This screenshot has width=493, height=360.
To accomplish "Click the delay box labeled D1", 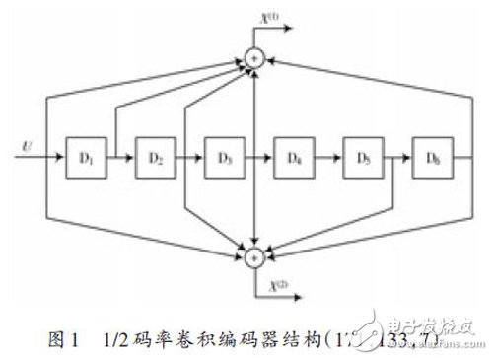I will click(x=85, y=157).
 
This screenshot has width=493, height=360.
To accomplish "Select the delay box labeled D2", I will click(x=154, y=157).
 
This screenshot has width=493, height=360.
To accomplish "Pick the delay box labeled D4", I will click(x=293, y=157).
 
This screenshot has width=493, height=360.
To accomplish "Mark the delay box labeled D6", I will click(x=431, y=157).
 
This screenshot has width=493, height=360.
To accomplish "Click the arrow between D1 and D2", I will click(x=120, y=158).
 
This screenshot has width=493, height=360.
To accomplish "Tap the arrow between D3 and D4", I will click(x=258, y=158).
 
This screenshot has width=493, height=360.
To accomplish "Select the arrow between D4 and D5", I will click(x=327, y=158).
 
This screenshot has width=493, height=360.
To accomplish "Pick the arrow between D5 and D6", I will click(x=396, y=158).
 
